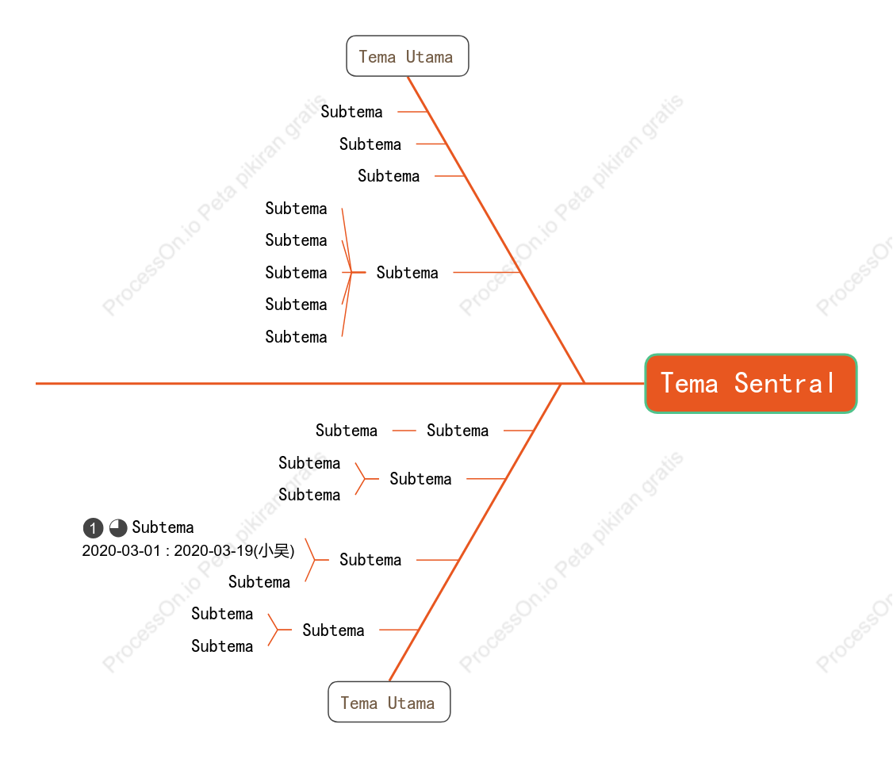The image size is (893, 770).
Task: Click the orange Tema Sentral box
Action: tap(750, 383)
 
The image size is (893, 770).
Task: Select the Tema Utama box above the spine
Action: tap(407, 56)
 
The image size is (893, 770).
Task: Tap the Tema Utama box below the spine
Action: tap(389, 702)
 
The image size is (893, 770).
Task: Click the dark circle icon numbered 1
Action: tap(93, 528)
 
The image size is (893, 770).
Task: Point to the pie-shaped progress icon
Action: tap(118, 528)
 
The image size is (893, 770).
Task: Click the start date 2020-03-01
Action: tap(121, 550)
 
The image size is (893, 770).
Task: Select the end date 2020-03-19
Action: tap(213, 550)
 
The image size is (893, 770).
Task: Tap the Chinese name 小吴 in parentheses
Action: tap(274, 550)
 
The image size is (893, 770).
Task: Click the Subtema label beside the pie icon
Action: tap(163, 527)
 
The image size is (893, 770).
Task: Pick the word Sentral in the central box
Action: tap(785, 383)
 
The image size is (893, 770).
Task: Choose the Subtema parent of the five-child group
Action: tap(407, 273)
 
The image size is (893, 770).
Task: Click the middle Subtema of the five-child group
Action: tap(296, 273)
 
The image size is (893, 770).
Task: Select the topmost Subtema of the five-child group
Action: tap(296, 209)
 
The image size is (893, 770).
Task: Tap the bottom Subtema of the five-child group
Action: tap(296, 337)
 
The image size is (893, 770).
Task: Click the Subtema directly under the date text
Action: tap(259, 582)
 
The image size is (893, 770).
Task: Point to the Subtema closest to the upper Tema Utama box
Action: tap(351, 112)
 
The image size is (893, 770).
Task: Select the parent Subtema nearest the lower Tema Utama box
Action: tap(333, 630)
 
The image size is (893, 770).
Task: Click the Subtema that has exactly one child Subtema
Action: tap(458, 431)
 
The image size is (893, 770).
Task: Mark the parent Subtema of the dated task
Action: tap(370, 560)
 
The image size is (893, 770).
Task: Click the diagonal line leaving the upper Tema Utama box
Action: tap(496, 229)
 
